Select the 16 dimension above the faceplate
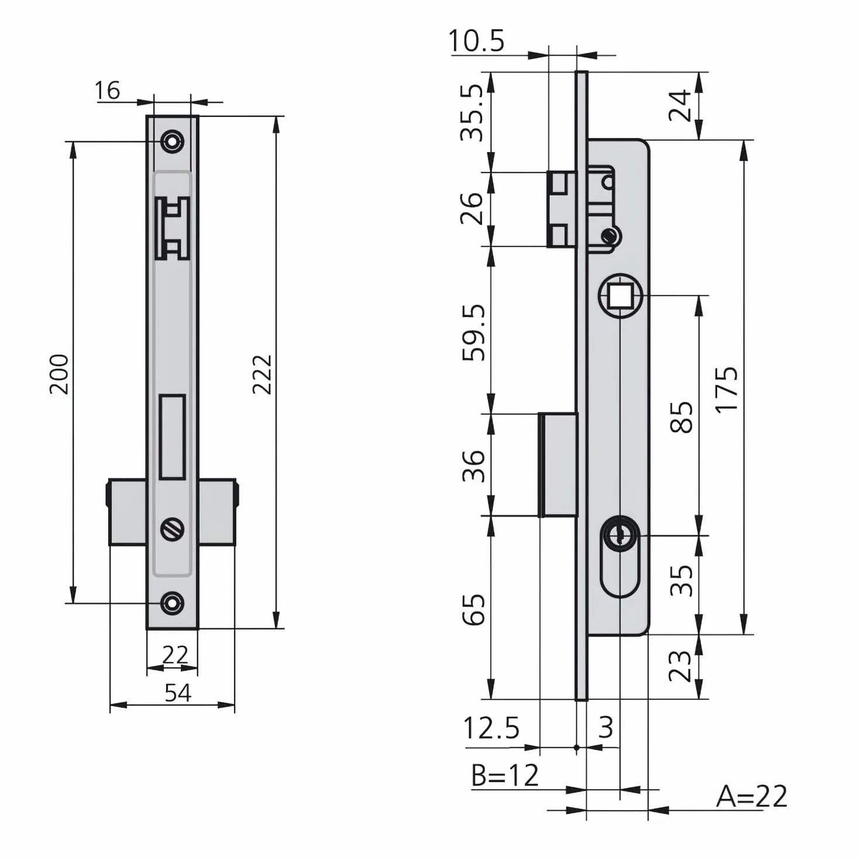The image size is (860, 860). (x=108, y=91)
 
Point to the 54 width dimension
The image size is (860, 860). (x=178, y=693)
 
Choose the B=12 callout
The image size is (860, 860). (x=505, y=775)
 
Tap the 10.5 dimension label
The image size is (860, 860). (x=476, y=41)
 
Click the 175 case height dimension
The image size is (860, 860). (x=727, y=388)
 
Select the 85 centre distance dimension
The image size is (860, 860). (x=682, y=417)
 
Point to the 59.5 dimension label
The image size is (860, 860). (x=473, y=332)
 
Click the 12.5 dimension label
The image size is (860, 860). (x=491, y=728)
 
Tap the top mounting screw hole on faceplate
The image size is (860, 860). (x=172, y=142)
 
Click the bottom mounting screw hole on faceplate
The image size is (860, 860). (x=172, y=603)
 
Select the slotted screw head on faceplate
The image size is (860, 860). (x=173, y=529)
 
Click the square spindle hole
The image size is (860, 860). (x=620, y=295)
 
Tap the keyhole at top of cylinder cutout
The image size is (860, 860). (x=620, y=535)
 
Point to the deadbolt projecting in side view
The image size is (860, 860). (x=558, y=465)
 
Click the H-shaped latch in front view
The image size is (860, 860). (x=172, y=228)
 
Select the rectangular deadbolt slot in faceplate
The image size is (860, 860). (x=172, y=437)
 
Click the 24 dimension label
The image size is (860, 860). (x=679, y=105)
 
